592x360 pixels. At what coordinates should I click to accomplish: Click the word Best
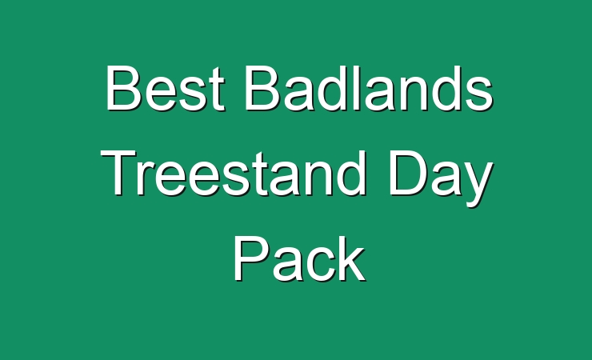pyautogui.click(x=166, y=88)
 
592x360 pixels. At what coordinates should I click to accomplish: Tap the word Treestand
pyautogui.click(x=234, y=174)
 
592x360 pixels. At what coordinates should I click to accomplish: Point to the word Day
pyautogui.click(x=441, y=178)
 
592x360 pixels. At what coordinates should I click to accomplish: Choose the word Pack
pyautogui.click(x=299, y=258)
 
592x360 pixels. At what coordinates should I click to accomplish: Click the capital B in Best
pyautogui.click(x=122, y=88)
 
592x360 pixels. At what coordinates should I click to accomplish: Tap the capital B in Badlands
pyautogui.click(x=262, y=88)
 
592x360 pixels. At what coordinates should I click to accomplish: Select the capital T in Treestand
pyautogui.click(x=119, y=173)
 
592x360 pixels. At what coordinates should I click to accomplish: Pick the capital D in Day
pyautogui.click(x=408, y=173)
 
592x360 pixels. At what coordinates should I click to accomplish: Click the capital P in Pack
pyautogui.click(x=251, y=258)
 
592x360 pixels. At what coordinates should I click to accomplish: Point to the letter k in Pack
pyautogui.click(x=351, y=258)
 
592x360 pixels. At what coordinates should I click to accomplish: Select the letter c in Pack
pyautogui.click(x=320, y=265)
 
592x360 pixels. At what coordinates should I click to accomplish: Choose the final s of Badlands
pyautogui.click(x=478, y=94)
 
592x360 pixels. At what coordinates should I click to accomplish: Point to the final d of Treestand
pyautogui.click(x=352, y=174)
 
